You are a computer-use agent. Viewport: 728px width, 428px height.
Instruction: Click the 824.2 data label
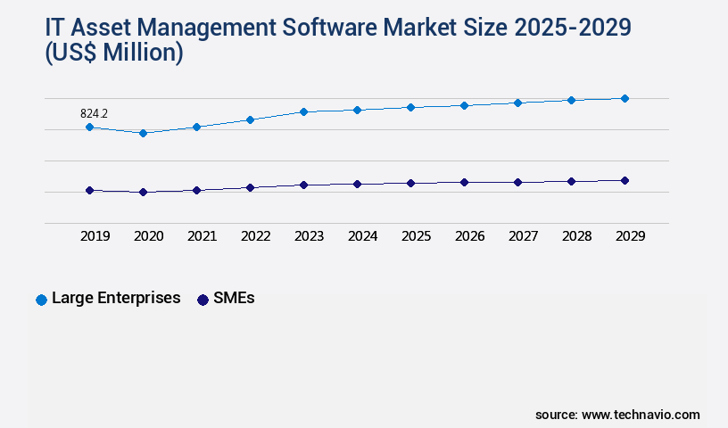click(x=94, y=113)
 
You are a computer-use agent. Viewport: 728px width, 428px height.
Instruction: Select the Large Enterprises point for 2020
click(x=143, y=133)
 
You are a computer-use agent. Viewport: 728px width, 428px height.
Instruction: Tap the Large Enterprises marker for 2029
click(x=625, y=98)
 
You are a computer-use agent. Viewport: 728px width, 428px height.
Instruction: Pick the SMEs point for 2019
click(x=89, y=190)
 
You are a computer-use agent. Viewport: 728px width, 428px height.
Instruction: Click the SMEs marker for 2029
click(x=625, y=180)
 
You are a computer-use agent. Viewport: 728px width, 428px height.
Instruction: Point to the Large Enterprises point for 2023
click(x=303, y=111)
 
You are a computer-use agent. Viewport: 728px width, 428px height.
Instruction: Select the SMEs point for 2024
click(x=357, y=184)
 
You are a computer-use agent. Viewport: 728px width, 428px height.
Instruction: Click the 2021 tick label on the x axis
click(x=202, y=236)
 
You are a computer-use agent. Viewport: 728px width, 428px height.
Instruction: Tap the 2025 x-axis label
click(x=416, y=236)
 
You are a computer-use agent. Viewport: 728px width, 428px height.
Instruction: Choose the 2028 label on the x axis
click(x=576, y=236)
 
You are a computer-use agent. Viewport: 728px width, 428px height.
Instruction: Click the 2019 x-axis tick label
click(x=95, y=236)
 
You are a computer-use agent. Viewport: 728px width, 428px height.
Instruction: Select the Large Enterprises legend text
click(x=116, y=298)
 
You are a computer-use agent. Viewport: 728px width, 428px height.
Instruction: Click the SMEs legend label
click(x=234, y=298)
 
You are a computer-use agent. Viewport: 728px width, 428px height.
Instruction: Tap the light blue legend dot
click(x=41, y=300)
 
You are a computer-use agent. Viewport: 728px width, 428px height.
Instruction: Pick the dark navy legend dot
click(x=203, y=300)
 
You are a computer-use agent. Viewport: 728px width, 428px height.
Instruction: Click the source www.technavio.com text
click(x=617, y=415)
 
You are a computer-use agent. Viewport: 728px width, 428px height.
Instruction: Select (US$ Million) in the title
click(x=114, y=53)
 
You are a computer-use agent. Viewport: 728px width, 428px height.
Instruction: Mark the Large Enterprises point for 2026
click(x=464, y=105)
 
